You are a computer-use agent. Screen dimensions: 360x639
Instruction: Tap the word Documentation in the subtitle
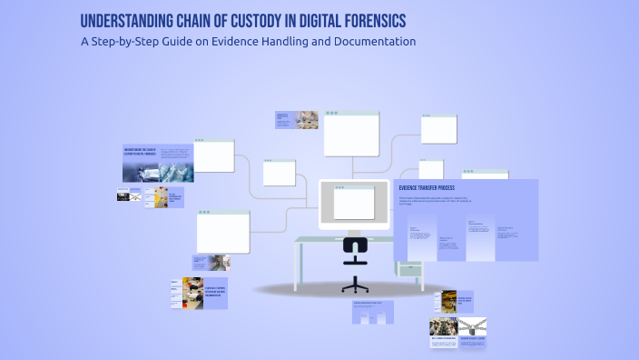tap(374, 41)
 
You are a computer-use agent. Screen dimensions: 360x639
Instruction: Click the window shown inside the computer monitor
tap(353, 202)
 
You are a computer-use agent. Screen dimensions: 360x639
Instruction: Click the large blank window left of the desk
tap(222, 232)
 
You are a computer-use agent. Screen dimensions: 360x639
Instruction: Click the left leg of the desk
tap(299, 265)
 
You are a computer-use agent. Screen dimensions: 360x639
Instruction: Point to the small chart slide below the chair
tap(373, 312)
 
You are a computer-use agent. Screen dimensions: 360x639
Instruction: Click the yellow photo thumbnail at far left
tap(160, 197)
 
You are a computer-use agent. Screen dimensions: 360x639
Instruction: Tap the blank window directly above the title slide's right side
tap(214, 155)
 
